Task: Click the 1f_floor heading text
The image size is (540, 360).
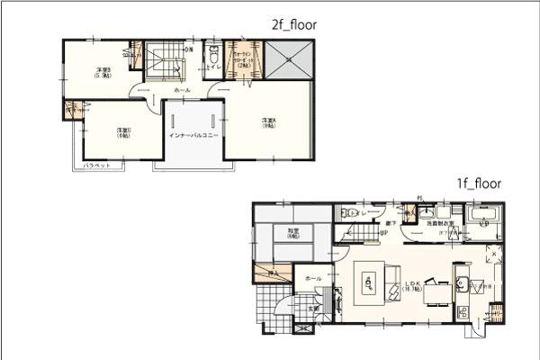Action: point(478,183)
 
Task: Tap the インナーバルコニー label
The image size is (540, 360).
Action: point(193,136)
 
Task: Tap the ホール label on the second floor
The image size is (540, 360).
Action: point(182,91)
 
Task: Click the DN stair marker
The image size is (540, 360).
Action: point(188,49)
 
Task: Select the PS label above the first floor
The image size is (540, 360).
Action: point(419,198)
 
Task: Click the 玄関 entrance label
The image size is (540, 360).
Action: point(314,308)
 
